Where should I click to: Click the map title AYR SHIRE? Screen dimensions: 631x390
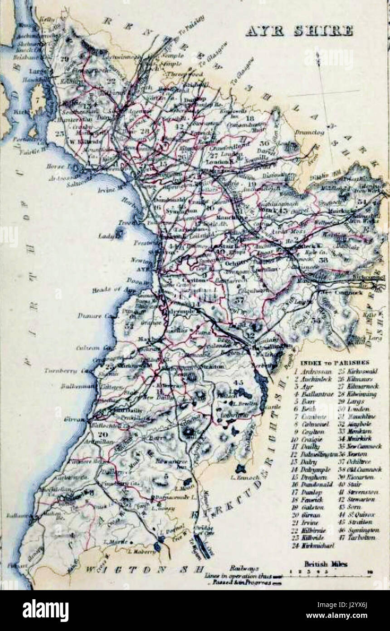[x=299, y=30]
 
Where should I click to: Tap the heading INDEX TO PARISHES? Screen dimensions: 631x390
[x=334, y=362]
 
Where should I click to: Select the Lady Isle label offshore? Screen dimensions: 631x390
[x=106, y=236]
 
